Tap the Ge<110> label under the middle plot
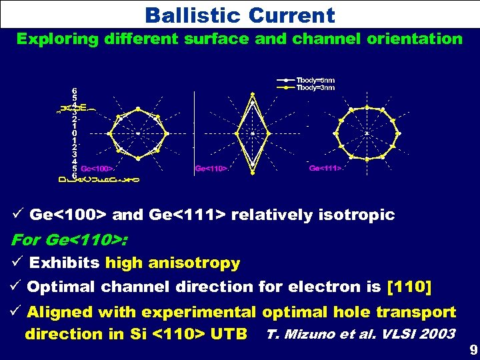coord(211,169)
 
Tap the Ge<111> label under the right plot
coord(325,169)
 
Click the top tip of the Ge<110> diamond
coord(252,95)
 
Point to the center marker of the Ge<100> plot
coord(138,133)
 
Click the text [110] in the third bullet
coord(409,287)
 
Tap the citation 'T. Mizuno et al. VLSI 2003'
coord(361,333)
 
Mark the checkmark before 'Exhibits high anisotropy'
coord(19,263)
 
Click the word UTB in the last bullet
coord(229,333)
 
